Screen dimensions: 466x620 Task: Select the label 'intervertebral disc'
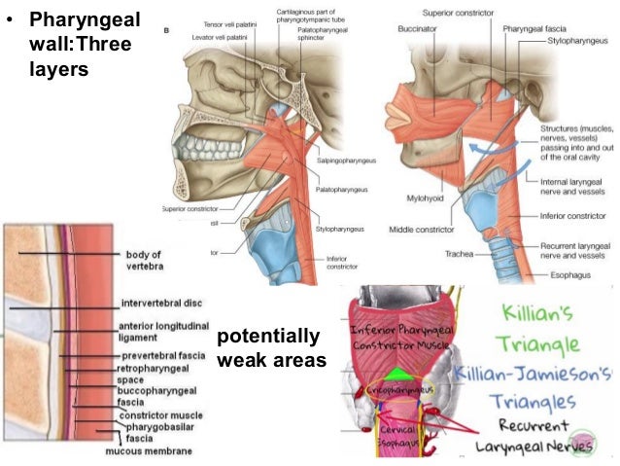(x=162, y=303)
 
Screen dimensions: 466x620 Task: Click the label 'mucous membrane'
(x=149, y=451)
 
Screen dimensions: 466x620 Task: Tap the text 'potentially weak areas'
(x=271, y=348)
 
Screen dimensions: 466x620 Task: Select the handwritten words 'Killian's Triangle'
(x=534, y=329)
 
